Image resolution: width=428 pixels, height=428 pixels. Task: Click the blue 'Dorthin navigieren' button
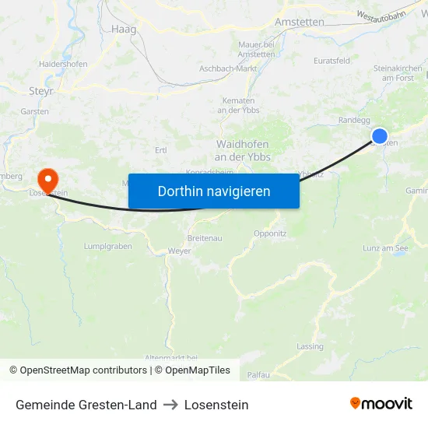click(x=213, y=191)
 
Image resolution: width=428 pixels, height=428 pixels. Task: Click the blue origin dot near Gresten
click(x=380, y=136)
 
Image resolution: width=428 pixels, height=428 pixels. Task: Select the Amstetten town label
click(x=300, y=23)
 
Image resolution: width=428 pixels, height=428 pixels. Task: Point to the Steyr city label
click(x=40, y=91)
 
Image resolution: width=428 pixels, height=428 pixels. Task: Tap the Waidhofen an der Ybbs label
click(x=241, y=150)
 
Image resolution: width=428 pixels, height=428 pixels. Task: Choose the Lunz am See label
click(x=385, y=248)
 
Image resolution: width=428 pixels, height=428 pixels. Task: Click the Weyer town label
click(x=180, y=251)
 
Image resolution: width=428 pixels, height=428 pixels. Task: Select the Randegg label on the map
click(x=354, y=120)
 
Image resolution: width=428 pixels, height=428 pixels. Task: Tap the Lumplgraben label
click(x=107, y=246)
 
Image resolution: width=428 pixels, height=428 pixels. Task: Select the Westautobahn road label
click(x=381, y=16)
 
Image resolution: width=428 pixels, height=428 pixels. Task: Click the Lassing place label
click(x=310, y=346)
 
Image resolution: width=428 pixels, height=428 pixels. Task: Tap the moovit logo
click(x=381, y=404)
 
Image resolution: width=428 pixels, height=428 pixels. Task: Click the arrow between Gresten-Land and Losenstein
click(x=170, y=405)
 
